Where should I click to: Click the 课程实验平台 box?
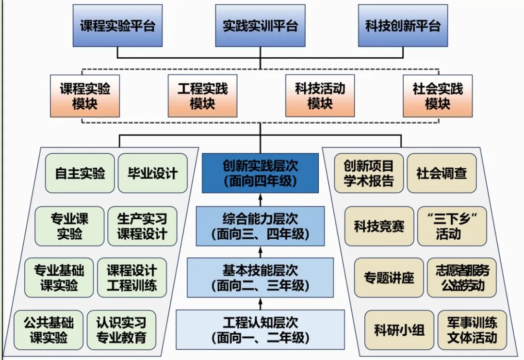click(117, 26)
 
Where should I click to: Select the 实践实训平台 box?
click(260, 26)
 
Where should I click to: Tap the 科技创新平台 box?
click(403, 26)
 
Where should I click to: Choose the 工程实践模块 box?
click(203, 96)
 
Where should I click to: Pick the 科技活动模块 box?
click(320, 96)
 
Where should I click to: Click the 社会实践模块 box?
click(438, 96)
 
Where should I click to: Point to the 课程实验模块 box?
click(85, 96)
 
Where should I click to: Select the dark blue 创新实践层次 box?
click(260, 173)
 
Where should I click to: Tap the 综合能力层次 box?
click(260, 226)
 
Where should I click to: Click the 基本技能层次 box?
click(260, 278)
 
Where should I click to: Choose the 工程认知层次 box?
click(260, 329)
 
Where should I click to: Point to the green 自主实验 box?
click(80, 173)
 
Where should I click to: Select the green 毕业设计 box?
click(153, 173)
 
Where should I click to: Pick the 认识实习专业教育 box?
click(121, 330)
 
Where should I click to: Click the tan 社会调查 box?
click(442, 173)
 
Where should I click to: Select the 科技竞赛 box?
click(379, 226)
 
